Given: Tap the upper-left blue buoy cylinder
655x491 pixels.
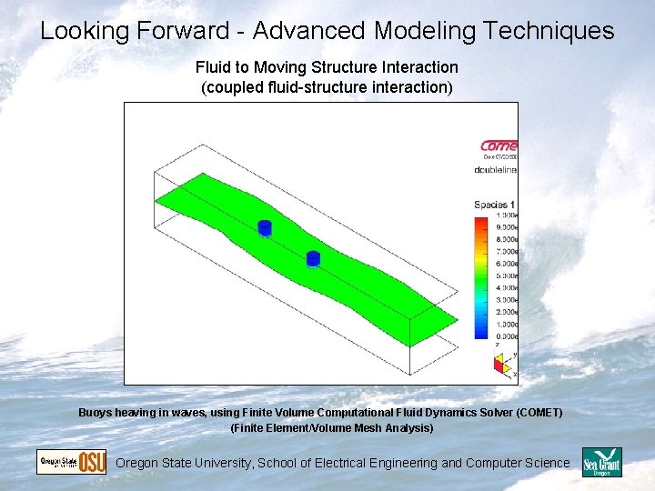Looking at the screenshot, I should (x=265, y=227).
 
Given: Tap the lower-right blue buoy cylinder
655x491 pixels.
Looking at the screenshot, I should (x=313, y=259).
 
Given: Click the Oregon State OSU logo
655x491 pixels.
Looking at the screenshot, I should (x=71, y=462).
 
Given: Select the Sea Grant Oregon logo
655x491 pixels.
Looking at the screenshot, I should (x=601, y=462).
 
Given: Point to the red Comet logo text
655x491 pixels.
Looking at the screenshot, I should (x=499, y=145).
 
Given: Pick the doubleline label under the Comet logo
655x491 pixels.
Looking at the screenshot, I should (x=496, y=169).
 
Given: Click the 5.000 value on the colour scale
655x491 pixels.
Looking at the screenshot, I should (x=505, y=276).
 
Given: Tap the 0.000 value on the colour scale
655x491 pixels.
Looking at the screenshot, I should (x=505, y=336).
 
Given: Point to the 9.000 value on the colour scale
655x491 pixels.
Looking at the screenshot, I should (x=505, y=227).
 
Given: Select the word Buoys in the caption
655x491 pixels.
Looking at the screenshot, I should (x=96, y=413).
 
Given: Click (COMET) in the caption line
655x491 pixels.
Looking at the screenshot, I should (x=539, y=413).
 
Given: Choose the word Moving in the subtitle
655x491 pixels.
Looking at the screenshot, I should (x=287, y=67).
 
